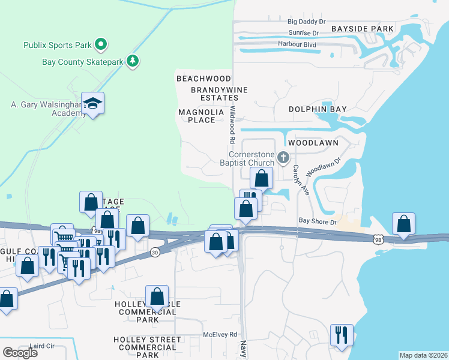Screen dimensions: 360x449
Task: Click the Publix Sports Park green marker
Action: point(101,44)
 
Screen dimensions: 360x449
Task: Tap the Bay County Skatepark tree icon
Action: point(133,61)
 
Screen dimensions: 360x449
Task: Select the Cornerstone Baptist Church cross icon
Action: point(283,158)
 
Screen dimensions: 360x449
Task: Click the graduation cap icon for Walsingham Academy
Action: point(93,104)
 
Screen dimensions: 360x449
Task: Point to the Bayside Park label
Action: point(362,29)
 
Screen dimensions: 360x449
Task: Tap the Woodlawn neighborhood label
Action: point(313,143)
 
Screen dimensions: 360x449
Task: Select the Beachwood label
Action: point(203,79)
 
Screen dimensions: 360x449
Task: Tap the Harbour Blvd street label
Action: point(297,44)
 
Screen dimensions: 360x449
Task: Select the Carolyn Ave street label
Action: point(296,178)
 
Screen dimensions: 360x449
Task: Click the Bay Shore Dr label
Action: point(318,221)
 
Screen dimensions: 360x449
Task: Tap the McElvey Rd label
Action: point(220,334)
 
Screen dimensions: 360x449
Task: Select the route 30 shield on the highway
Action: point(155,251)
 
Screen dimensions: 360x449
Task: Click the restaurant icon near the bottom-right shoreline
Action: point(342,335)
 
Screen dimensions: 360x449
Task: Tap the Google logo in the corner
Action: point(20,353)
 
